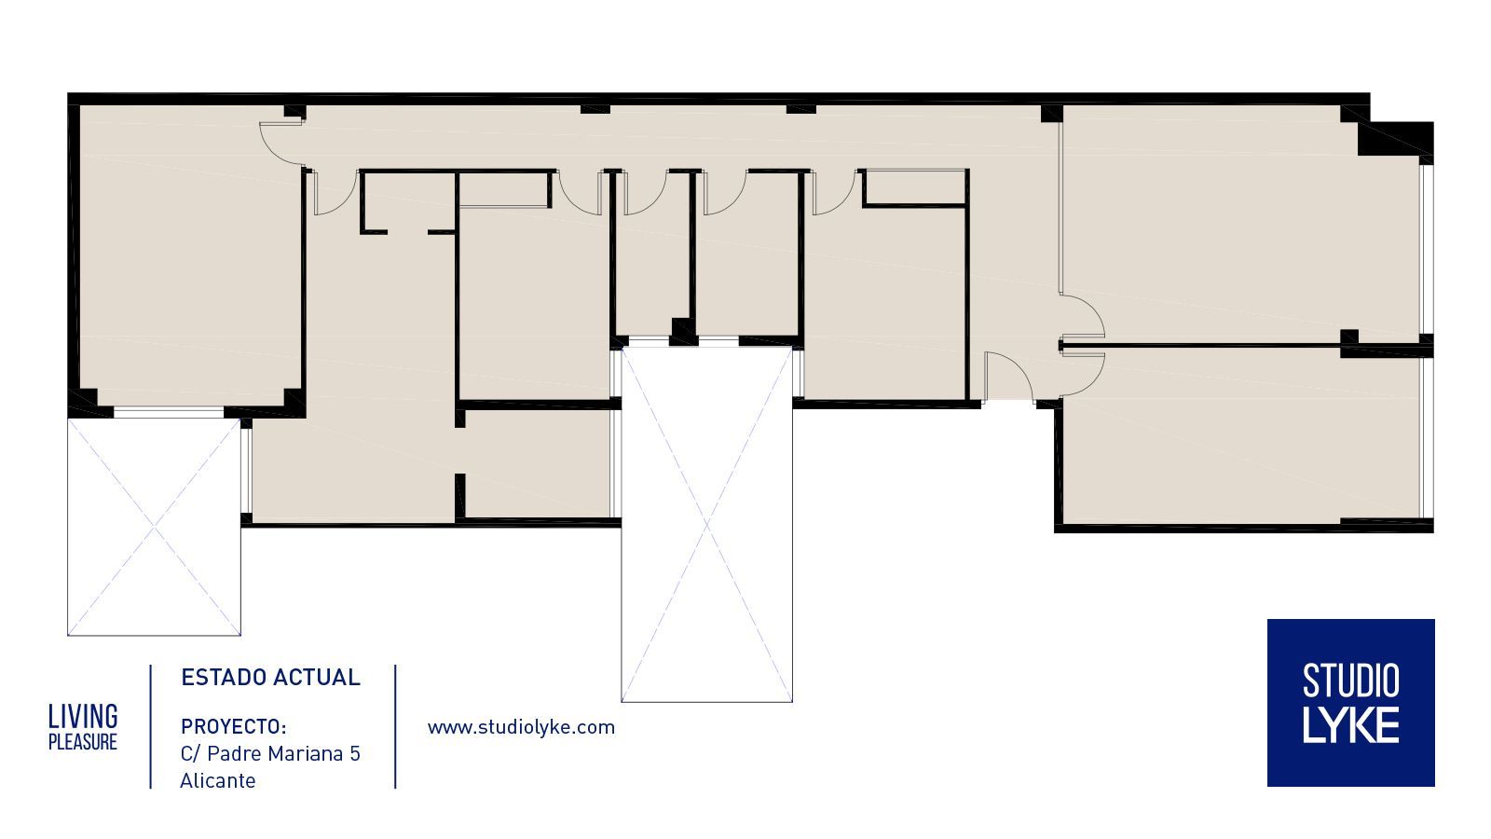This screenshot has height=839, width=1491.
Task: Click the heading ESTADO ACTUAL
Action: (270, 677)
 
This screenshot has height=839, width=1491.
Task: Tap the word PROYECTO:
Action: (234, 726)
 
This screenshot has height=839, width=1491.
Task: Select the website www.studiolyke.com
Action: (521, 727)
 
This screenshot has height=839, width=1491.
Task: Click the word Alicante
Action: (218, 780)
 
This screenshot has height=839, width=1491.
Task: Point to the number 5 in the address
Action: (355, 754)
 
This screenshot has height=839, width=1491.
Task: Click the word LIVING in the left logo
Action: (83, 717)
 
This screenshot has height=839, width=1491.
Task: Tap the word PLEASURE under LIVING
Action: (83, 742)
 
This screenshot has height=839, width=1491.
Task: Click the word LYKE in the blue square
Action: (1350, 726)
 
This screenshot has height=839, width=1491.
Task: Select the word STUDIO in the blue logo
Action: (1350, 681)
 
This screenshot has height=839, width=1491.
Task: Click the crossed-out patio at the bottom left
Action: (155, 527)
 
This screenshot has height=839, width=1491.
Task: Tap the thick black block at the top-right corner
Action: (1394, 139)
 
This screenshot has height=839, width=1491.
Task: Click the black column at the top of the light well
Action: (683, 331)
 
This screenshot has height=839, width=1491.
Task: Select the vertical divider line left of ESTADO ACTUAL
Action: (150, 726)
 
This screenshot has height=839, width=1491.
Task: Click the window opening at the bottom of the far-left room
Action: (169, 414)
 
